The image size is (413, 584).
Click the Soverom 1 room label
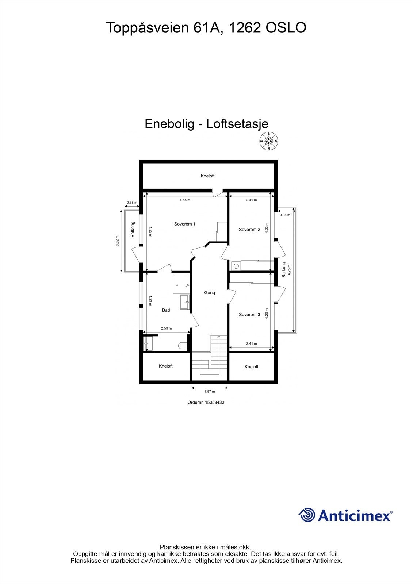[x=184, y=224]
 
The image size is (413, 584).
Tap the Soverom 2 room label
[x=249, y=230]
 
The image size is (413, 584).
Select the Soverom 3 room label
[x=249, y=315]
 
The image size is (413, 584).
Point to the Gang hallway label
[x=210, y=293]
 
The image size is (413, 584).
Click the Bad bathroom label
[x=166, y=310]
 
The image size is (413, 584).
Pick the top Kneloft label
[x=207, y=176]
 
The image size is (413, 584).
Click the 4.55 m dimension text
[x=185, y=200]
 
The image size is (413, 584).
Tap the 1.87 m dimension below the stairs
[x=210, y=392]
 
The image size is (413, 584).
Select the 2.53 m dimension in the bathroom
[x=166, y=328]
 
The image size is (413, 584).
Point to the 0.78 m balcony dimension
[x=132, y=203]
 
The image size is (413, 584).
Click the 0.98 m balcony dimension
[x=285, y=215]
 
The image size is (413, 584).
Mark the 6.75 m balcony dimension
[x=290, y=270]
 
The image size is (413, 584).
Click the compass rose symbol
[x=269, y=141]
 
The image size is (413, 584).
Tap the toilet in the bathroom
[x=182, y=345]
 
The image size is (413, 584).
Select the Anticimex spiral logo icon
[x=307, y=515]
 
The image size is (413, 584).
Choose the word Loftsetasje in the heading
[x=237, y=124]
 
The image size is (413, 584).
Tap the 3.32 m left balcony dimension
[x=118, y=241]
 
